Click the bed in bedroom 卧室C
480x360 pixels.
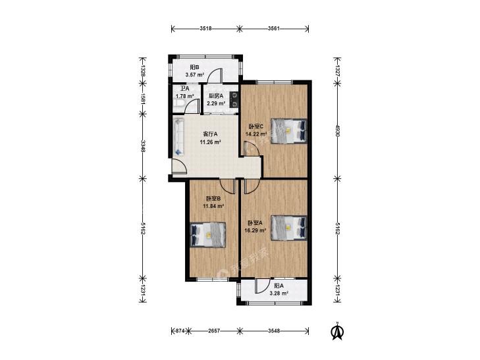(288, 130)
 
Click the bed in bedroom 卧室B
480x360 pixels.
(208, 234)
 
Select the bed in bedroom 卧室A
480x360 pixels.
(288, 228)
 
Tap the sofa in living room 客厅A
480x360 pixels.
(179, 137)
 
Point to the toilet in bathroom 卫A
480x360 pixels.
(178, 105)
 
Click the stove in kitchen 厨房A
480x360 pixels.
(234, 100)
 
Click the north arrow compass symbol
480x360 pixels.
(337, 331)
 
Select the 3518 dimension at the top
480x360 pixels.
(205, 29)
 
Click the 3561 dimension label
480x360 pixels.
(274, 29)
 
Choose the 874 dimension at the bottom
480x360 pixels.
(180, 330)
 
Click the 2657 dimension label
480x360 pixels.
(214, 330)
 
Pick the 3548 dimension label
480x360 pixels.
(274, 330)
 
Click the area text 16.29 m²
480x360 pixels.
(255, 230)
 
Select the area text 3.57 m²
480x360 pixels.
(195, 74)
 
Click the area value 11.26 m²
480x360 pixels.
(210, 142)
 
